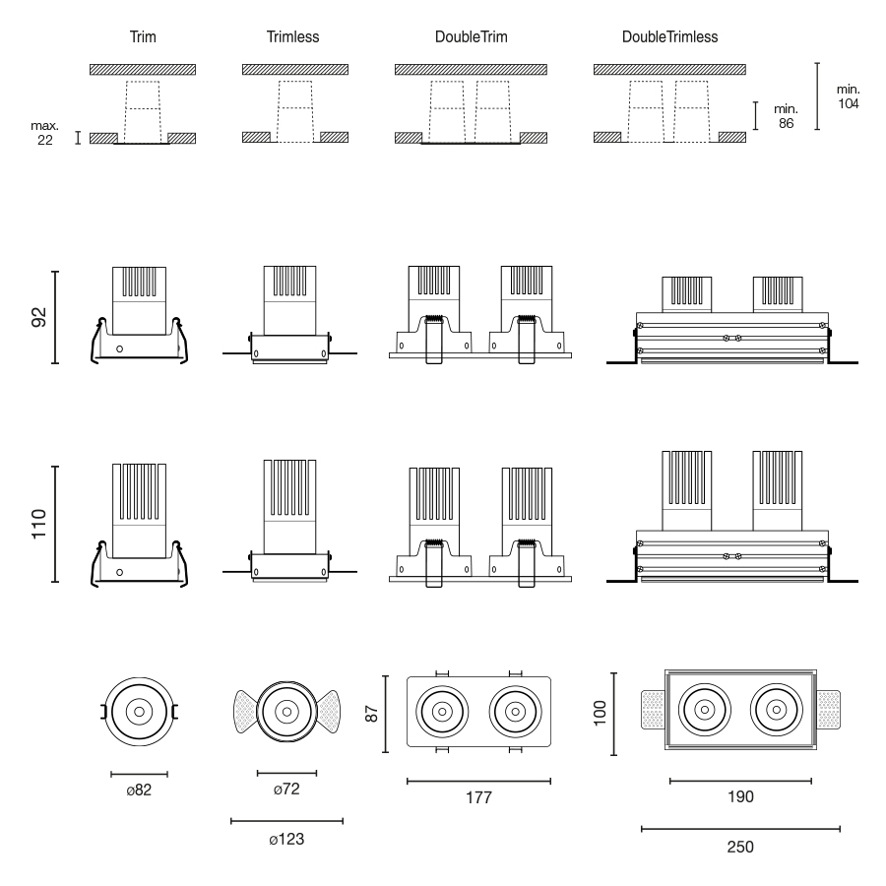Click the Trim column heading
click(143, 37)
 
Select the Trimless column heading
click(292, 37)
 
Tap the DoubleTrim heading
click(471, 37)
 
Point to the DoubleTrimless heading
click(669, 37)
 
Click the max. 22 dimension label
click(45, 133)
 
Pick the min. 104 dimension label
click(847, 96)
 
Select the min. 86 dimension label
click(786, 116)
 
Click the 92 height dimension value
click(39, 317)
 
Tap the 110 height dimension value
click(39, 523)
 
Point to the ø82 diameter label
click(139, 791)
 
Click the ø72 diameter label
click(286, 791)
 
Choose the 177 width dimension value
click(478, 798)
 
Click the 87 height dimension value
click(372, 712)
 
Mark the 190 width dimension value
click(740, 797)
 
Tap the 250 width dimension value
click(740, 847)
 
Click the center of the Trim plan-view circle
click(139, 711)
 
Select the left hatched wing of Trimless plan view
click(245, 711)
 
